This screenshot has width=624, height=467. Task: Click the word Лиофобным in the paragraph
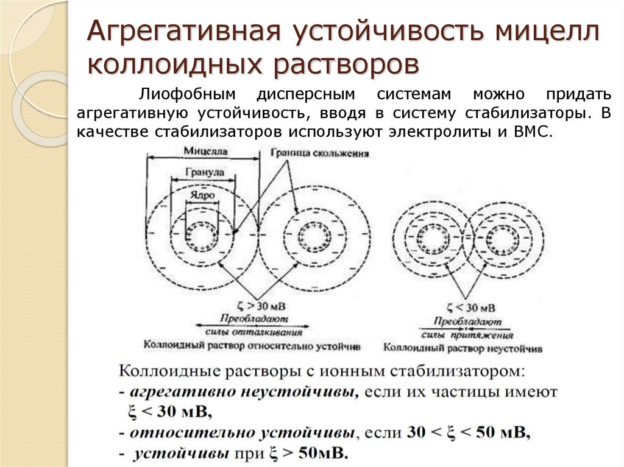[x=183, y=94]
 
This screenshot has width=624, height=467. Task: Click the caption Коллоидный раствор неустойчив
[x=463, y=348]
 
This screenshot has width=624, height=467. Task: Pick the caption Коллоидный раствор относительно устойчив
[x=252, y=345]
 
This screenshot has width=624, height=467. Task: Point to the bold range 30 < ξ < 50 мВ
[x=468, y=433]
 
